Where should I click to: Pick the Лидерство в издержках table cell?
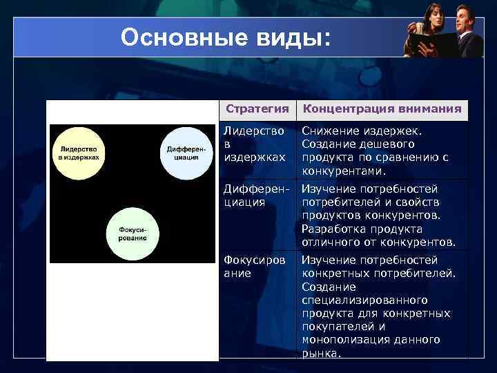point(255,144)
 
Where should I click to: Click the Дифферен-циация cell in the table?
point(255,195)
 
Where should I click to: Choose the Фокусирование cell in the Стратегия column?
point(255,267)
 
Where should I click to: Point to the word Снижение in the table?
point(329,131)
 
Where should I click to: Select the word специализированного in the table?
point(364,300)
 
